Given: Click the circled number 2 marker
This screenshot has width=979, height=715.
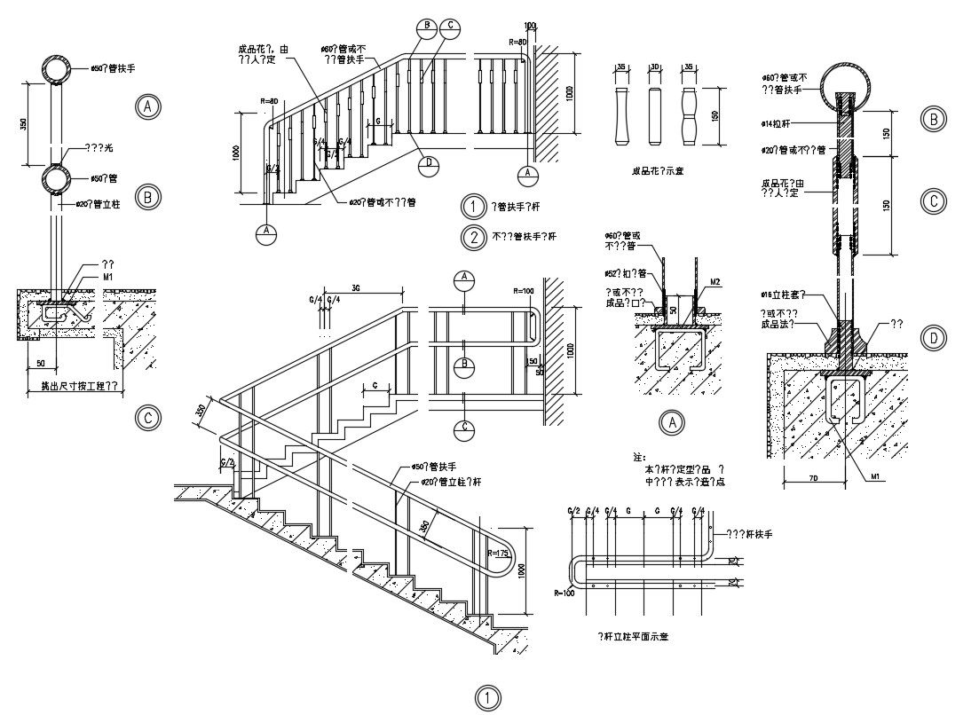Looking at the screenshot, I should pos(474,237).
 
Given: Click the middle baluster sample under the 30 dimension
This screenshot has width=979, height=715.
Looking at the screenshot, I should pos(655,116).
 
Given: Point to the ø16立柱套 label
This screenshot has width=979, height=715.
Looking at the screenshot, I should pos(781,293).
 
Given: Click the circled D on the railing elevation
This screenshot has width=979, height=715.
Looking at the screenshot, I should pos(430,164).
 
